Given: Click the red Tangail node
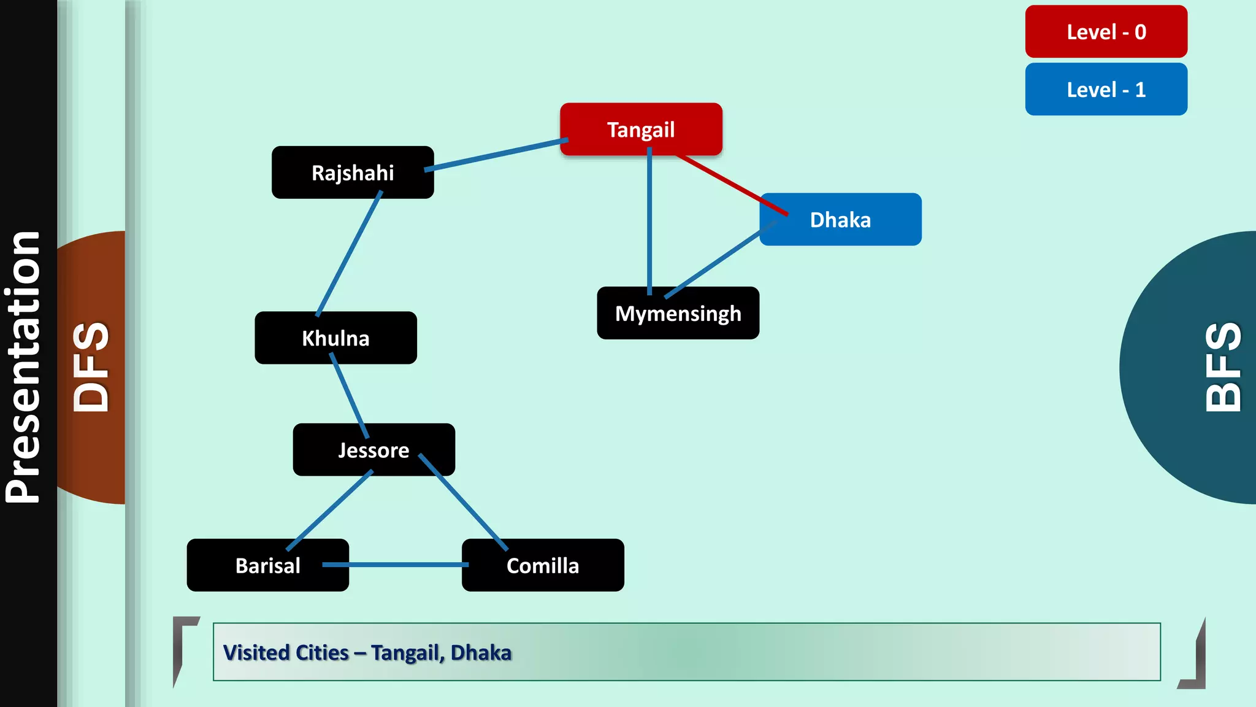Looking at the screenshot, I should [x=641, y=129].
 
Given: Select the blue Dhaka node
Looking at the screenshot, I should [x=840, y=220].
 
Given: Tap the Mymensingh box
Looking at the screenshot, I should [x=678, y=313].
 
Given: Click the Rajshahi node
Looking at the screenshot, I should [x=353, y=172].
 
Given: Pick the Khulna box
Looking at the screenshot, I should [x=335, y=338].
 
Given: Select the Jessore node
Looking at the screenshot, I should [x=373, y=450].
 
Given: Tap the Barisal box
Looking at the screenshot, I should [x=267, y=565].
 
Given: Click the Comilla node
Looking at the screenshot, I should [x=543, y=565].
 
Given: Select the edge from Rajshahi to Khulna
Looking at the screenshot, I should [x=349, y=253].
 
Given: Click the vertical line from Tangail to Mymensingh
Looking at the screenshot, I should [x=649, y=221].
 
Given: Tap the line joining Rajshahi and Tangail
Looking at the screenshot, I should [x=497, y=153].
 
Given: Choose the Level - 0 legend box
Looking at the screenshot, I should [x=1106, y=32].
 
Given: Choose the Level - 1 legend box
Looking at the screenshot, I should [x=1106, y=90].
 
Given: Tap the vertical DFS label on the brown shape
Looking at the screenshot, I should [x=91, y=367].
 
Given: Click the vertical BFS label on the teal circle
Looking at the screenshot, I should [x=1223, y=367].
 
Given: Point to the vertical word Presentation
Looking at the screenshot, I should [x=23, y=367].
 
